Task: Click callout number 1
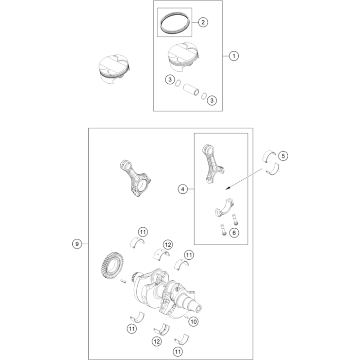coord(234,56)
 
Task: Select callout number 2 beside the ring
coord(202,22)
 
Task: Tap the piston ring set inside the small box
coord(174,23)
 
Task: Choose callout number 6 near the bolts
coord(234,233)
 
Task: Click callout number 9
coord(77,244)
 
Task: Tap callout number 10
coord(193,321)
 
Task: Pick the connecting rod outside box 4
coord(137,181)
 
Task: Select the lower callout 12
coord(156,342)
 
